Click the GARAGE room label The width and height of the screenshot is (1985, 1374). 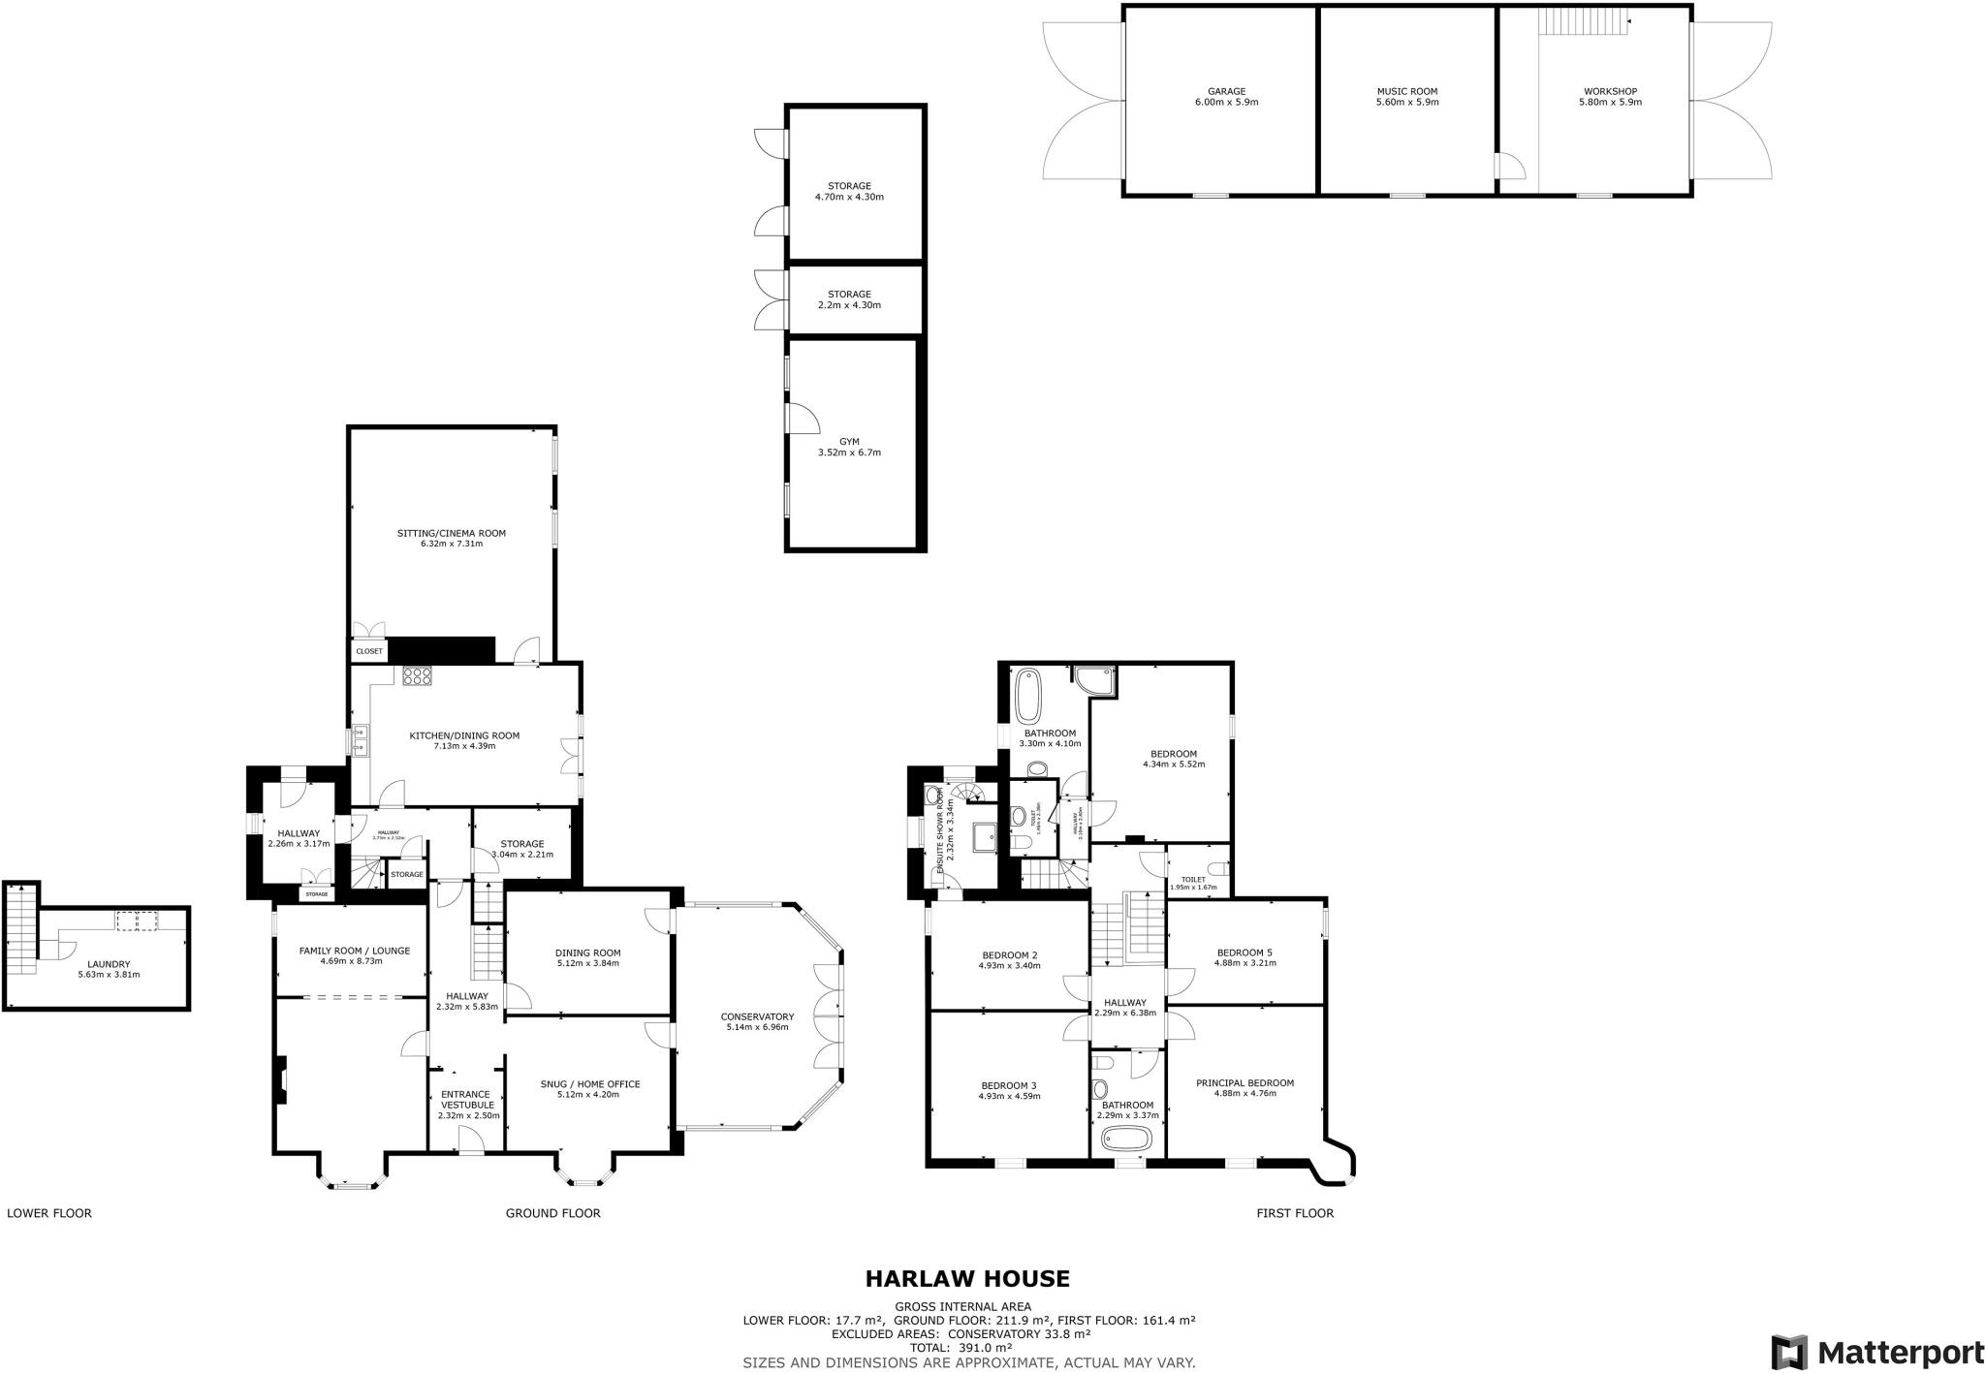1226,92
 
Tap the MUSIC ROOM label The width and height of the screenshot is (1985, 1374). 1406,92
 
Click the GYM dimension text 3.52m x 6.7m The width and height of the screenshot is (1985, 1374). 849,453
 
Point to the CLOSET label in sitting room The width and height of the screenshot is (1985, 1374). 368,651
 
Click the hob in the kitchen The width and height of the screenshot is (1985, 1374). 418,677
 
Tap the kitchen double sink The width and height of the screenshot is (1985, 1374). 360,741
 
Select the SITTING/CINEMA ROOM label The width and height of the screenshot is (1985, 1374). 451,533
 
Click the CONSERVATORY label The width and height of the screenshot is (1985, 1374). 757,1016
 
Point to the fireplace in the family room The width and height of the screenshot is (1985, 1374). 281,1079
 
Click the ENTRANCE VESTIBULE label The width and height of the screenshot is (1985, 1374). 467,1100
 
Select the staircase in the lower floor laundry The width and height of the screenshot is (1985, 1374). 20,930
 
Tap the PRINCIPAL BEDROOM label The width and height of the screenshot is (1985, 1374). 1245,1083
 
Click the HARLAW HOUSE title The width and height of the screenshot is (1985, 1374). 966,1279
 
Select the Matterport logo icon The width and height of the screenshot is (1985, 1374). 1789,1351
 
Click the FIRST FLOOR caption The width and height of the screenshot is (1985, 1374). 1294,1213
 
